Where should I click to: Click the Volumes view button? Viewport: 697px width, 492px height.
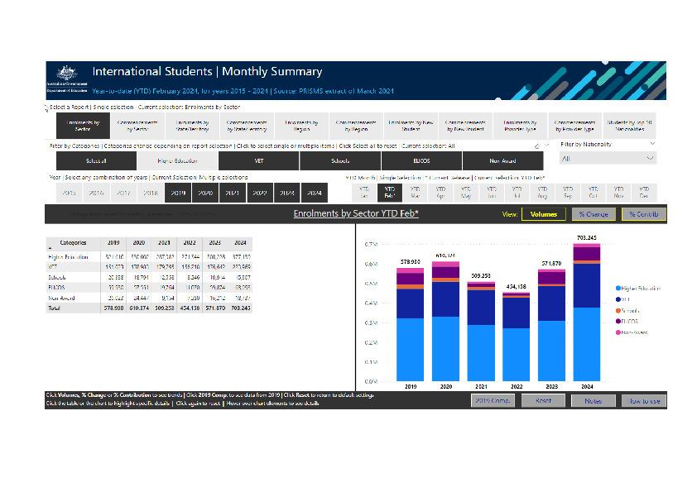(544, 214)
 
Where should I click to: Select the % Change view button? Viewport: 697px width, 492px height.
(594, 214)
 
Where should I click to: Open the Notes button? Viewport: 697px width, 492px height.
(593, 400)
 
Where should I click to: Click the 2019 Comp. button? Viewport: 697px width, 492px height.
(493, 400)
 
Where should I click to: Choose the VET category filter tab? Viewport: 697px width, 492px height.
(258, 160)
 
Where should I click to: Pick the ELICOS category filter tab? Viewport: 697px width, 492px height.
(421, 160)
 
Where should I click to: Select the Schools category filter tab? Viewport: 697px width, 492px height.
(339, 160)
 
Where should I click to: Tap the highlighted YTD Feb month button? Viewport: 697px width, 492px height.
(390, 193)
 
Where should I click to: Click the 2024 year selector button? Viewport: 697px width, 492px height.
(313, 193)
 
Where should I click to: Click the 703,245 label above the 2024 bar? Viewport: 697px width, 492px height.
(585, 238)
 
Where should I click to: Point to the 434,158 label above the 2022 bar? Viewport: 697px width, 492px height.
(517, 287)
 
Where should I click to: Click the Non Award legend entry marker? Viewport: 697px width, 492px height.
(618, 332)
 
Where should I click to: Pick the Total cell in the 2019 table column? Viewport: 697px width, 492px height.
(113, 308)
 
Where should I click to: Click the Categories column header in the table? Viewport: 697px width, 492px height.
(74, 243)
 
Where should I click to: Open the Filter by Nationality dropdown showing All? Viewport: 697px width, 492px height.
(607, 158)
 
